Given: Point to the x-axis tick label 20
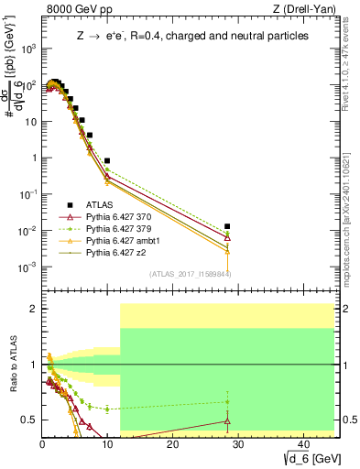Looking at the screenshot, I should [x=171, y=443].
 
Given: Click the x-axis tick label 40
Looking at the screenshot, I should [x=300, y=443].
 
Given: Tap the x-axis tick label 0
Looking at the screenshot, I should [x=42, y=443].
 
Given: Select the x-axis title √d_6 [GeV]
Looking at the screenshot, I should [x=306, y=457].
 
